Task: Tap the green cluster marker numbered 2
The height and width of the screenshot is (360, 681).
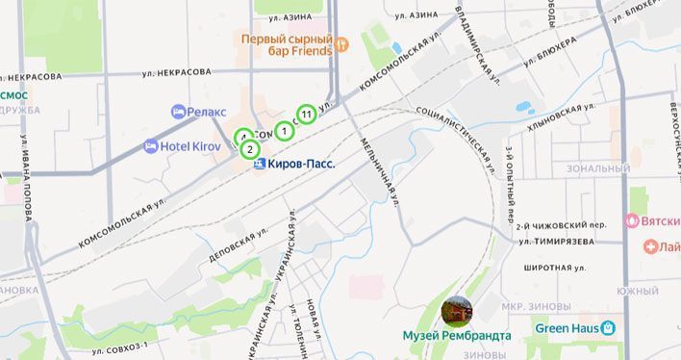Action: [249, 149]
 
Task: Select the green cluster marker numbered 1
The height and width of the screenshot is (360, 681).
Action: [285, 131]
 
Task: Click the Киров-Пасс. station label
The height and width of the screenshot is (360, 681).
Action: [301, 165]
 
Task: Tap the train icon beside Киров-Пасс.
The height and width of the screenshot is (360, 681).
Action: [258, 165]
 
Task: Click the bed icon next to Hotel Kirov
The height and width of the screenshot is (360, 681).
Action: [151, 146]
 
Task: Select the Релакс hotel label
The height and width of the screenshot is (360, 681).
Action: [207, 113]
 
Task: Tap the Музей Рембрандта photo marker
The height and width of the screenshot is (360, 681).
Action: [456, 311]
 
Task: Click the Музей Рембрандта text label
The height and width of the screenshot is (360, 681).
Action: [457, 336]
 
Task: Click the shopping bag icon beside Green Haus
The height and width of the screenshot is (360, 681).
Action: [608, 328]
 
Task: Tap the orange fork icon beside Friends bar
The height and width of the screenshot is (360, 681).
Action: [340, 47]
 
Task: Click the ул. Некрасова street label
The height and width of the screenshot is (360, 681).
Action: [176, 72]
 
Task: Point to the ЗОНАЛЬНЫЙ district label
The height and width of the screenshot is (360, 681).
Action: [598, 168]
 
